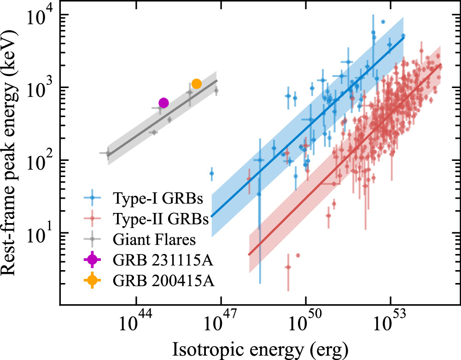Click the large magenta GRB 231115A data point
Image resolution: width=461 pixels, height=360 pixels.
point(163,103)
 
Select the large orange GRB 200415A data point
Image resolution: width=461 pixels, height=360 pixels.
point(196,83)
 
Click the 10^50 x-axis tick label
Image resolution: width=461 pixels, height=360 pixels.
point(305,322)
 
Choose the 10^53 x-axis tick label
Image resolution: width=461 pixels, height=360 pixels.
point(390,322)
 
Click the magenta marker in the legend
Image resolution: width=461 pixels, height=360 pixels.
point(93,260)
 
